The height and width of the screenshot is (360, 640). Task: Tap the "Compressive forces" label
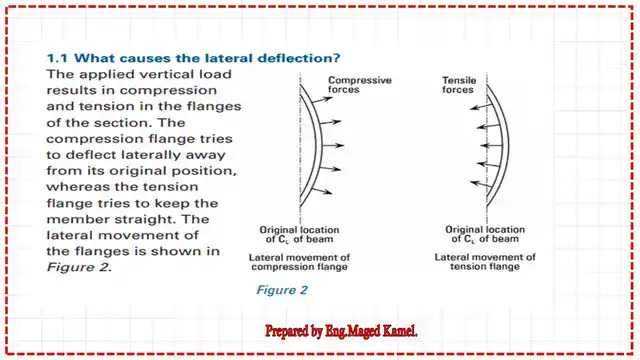pyautogui.click(x=359, y=86)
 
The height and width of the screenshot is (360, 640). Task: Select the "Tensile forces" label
pyautogui.click(x=461, y=86)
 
